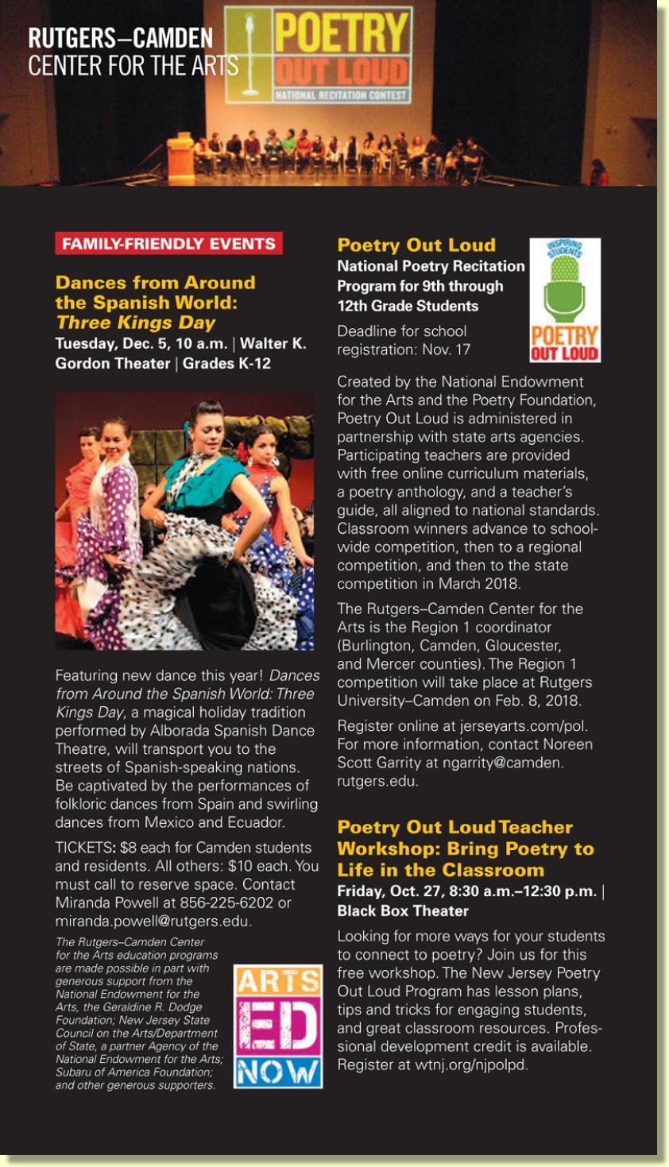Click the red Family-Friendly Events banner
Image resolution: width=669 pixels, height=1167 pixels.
[x=168, y=244]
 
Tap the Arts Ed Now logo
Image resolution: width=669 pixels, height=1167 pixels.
[x=277, y=1026]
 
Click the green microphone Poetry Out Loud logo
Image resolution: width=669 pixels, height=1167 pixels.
[x=564, y=299]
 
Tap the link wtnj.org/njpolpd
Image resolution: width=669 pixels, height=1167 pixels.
[x=470, y=1065]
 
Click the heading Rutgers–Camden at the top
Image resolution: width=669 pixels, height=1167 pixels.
[x=120, y=38]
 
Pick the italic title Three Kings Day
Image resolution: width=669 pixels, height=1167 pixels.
[x=135, y=323]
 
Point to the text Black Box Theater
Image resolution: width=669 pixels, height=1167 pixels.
[x=403, y=911]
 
